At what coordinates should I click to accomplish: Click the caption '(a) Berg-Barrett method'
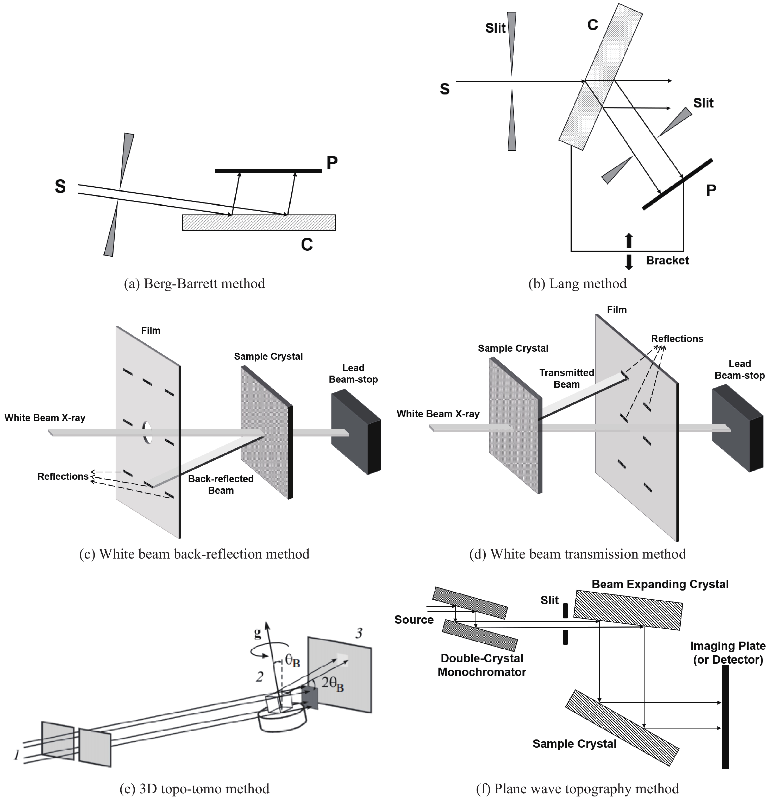pyautogui.click(x=194, y=283)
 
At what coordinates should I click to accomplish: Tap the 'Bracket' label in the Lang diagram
pyautogui.click(x=667, y=261)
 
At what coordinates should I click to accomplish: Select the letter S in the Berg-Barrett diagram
pyautogui.click(x=60, y=186)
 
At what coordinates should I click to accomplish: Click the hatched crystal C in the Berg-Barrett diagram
pyautogui.click(x=259, y=223)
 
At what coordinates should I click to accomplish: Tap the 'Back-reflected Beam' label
pyautogui.click(x=221, y=485)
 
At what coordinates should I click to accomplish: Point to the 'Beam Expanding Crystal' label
pyautogui.click(x=660, y=584)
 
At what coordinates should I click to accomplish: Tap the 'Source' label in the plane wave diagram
pyautogui.click(x=414, y=620)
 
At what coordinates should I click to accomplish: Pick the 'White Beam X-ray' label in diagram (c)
pyautogui.click(x=45, y=418)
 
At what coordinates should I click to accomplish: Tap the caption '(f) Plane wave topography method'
pyautogui.click(x=577, y=789)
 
